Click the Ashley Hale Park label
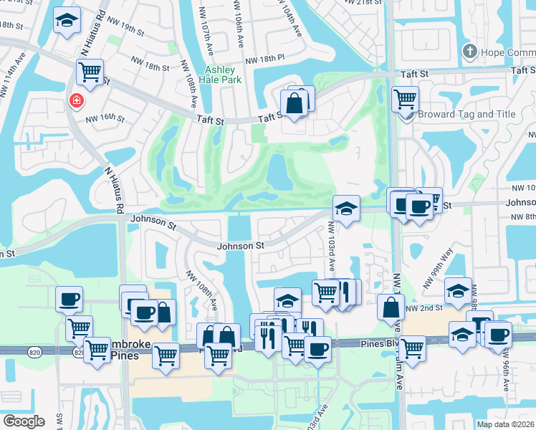point(225,75)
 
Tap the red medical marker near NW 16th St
point(75,102)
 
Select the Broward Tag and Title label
point(477,114)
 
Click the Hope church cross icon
point(469,51)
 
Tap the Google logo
point(24,421)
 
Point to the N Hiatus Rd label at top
point(94,32)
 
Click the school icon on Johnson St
point(346,209)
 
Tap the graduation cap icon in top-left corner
point(67,21)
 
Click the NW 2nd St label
point(421,307)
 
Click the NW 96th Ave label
point(507,373)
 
